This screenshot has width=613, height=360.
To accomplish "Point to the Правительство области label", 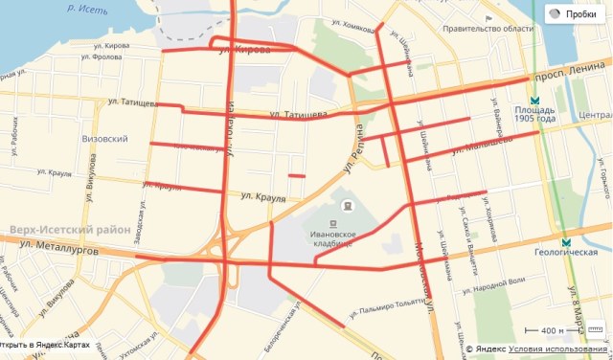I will (x=487, y=30).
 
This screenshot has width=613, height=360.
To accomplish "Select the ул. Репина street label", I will (x=355, y=149).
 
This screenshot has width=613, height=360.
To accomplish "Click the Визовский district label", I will (x=105, y=139).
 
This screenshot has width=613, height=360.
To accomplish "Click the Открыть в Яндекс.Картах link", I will (x=46, y=345).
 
